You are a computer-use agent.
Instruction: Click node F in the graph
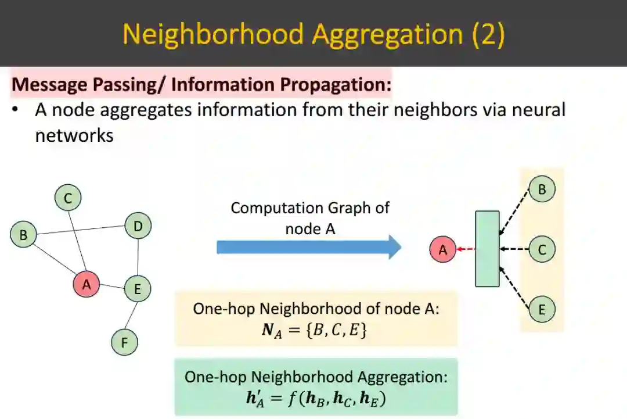click(124, 342)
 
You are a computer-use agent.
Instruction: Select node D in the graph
click(138, 226)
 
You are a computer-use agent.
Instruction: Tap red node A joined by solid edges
click(87, 285)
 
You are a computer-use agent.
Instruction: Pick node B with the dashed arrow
click(542, 189)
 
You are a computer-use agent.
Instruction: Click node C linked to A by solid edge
click(68, 199)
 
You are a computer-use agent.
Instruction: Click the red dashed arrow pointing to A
click(466, 249)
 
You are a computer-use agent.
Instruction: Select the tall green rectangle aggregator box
click(487, 249)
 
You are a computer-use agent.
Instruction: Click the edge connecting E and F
click(131, 316)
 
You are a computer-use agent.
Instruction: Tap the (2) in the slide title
click(488, 34)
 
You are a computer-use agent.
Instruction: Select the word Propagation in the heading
click(336, 84)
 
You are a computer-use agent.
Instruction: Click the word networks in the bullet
click(74, 135)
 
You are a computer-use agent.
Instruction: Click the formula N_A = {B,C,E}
click(315, 331)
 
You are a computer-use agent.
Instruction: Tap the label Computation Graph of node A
click(310, 218)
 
